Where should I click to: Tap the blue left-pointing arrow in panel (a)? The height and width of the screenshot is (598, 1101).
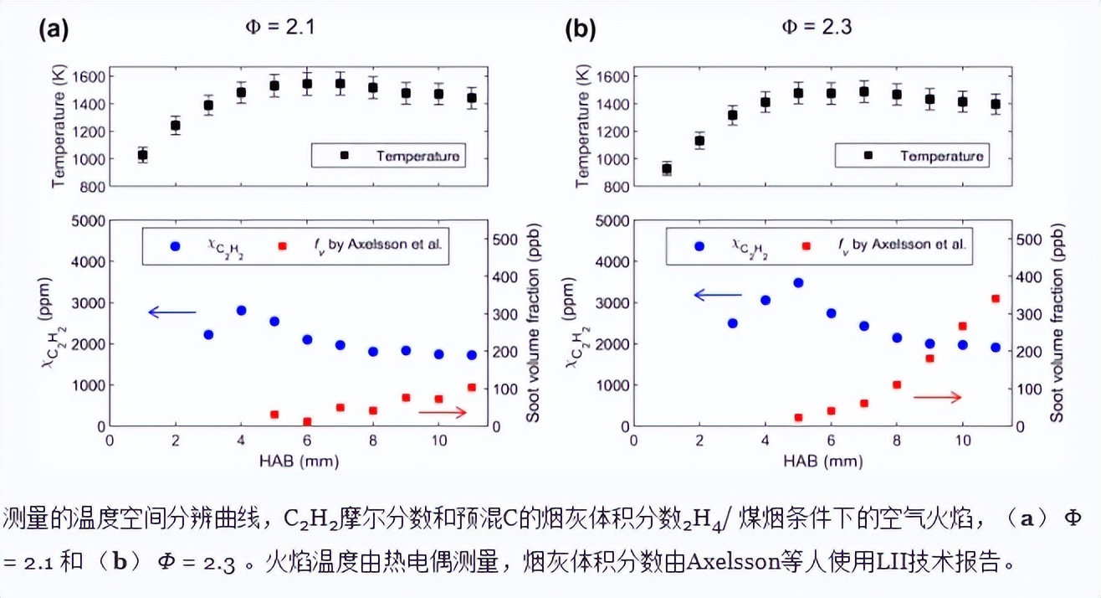pyautogui.click(x=172, y=312)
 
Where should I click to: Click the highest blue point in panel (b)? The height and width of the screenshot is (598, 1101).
pyautogui.click(x=798, y=283)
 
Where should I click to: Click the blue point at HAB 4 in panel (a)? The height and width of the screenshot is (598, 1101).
pyautogui.click(x=242, y=310)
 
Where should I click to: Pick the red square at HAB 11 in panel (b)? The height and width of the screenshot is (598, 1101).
pyautogui.click(x=996, y=298)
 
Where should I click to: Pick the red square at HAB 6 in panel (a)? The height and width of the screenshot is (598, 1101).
pyautogui.click(x=307, y=421)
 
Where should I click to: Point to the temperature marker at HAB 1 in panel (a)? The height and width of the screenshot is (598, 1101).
pyautogui.click(x=142, y=155)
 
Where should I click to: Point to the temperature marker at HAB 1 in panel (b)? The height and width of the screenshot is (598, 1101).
pyautogui.click(x=667, y=168)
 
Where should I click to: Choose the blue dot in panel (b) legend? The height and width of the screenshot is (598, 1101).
pyautogui.click(x=699, y=246)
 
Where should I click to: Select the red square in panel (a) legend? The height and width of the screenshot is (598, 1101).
pyautogui.click(x=282, y=246)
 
